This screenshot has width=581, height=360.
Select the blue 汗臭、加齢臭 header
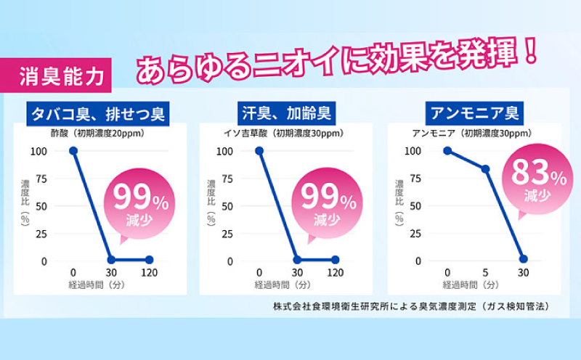point(286,115)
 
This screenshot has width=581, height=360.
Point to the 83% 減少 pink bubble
point(538,179)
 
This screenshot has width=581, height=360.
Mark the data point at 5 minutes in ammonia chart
point(485,169)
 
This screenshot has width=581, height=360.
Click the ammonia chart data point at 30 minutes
point(523,259)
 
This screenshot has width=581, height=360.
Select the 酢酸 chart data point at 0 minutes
point(73,151)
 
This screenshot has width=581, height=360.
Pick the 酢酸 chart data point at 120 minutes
point(149,259)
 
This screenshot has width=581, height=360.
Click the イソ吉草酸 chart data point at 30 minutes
point(297,259)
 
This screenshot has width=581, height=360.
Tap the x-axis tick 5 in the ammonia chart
point(485,273)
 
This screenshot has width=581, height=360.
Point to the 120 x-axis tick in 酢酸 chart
point(149,273)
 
